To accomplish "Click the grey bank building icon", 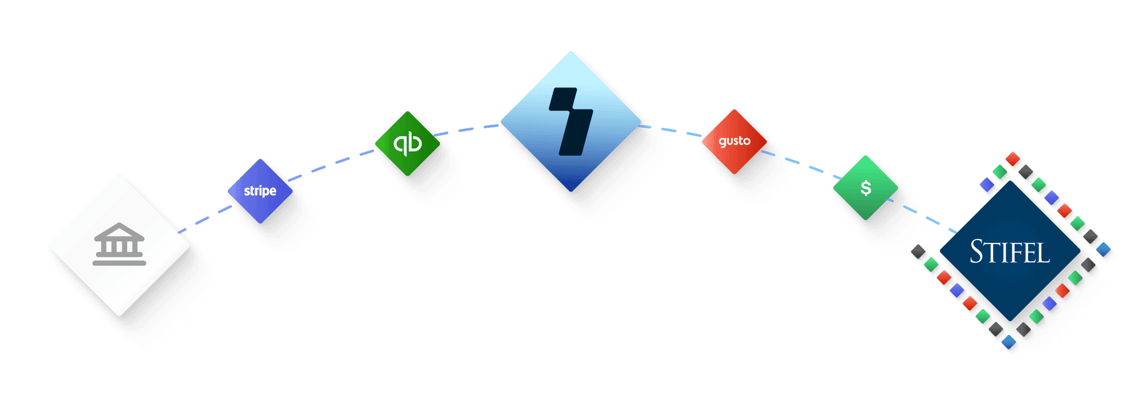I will coord(119,245).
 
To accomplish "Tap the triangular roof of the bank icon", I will coord(119,230).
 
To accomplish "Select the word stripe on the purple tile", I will coord(260,191).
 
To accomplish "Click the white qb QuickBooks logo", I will coord(408,143).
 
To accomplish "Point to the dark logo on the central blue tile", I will coord(571,121).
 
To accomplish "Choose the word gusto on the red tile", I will coord(734,141).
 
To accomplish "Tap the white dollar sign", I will coord(866,188).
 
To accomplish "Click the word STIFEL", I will coord(1010,252).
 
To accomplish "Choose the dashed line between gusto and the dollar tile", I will coord(799,163).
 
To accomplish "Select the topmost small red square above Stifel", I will coord(1012,159).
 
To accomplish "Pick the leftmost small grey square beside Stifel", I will coord(919,253).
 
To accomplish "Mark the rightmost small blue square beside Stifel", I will coord(1104,250).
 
